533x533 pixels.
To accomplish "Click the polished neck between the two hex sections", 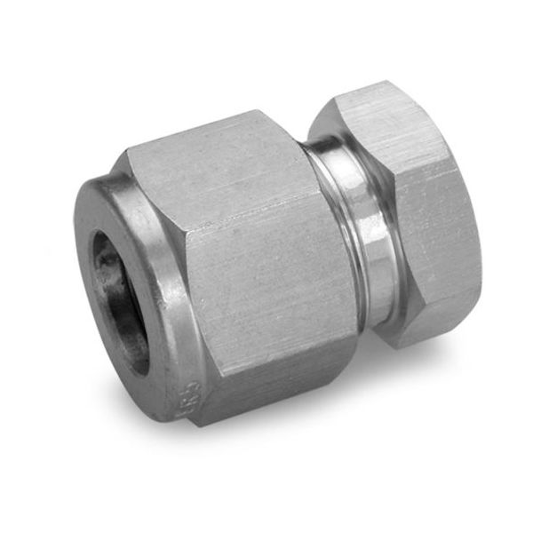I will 360,240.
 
